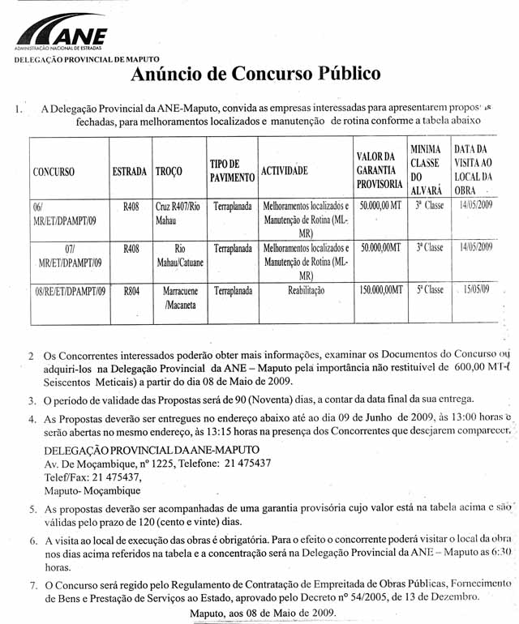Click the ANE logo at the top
click(x=62, y=35)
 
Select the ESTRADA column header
click(x=130, y=172)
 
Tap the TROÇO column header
click(x=168, y=172)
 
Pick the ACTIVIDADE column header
click(x=284, y=172)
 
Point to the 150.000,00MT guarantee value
click(x=380, y=289)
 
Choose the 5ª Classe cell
click(x=429, y=289)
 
